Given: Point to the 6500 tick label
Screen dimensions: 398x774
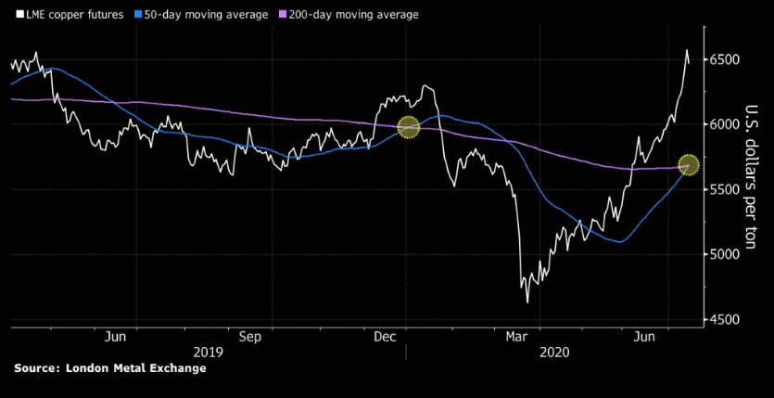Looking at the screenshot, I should coord(723,59).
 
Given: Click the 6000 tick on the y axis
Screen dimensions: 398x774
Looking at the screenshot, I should coord(723,124).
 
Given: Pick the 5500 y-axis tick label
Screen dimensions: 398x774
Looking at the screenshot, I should coord(723,189).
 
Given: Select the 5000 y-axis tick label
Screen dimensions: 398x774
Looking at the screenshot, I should coord(723,254).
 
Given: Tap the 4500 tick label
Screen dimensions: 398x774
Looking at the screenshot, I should coord(723,319).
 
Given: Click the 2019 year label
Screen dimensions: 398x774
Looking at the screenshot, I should coord(209,353).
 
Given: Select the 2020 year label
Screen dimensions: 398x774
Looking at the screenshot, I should coord(553,353).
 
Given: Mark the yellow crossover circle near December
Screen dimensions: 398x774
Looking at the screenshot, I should coord(408,127).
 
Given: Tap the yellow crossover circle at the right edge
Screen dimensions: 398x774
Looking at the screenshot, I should coord(689,164).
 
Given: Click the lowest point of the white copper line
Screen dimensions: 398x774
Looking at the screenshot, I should coord(527,302).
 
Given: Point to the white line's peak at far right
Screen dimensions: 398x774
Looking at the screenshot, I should coord(687,50).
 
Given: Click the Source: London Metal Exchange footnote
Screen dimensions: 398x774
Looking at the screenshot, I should coord(109,368).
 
